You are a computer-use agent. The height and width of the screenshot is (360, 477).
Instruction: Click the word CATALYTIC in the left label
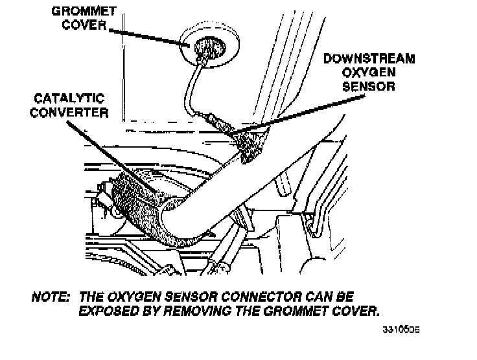click(69, 98)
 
